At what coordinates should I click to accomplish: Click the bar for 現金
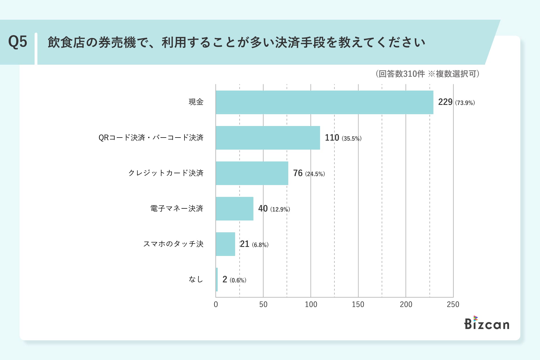tap(324, 102)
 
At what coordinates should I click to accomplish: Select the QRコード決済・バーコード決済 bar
tap(268, 138)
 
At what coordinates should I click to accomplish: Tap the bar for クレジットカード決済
tap(252, 173)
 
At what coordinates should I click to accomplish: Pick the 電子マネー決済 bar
tap(235, 209)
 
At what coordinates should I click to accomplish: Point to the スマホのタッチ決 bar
tap(225, 244)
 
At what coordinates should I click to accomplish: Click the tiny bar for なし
tap(217, 280)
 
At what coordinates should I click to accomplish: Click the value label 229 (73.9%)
tap(456, 102)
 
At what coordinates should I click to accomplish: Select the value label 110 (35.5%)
tap(343, 138)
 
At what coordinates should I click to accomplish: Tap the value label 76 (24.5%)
tap(309, 173)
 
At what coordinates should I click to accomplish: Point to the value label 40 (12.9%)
tap(274, 209)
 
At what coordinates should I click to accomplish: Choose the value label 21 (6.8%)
tap(254, 244)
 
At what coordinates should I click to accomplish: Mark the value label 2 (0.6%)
tap(234, 280)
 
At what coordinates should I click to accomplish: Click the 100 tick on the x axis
tap(311, 304)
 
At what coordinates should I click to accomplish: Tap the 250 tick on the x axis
tap(453, 304)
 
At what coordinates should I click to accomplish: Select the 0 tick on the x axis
tap(216, 304)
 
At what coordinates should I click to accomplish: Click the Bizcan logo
tap(487, 323)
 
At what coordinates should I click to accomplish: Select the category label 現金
tap(196, 102)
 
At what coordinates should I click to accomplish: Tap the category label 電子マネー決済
tap(177, 208)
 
